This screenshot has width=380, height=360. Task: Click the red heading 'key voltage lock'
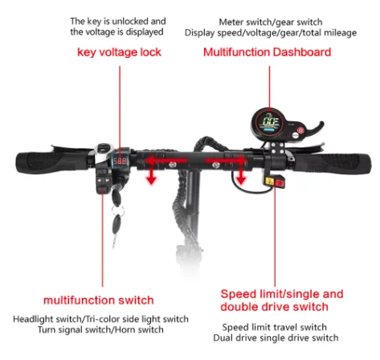pyautogui.click(x=119, y=52)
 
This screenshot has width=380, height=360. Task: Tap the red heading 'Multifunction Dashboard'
pyautogui.click(x=268, y=52)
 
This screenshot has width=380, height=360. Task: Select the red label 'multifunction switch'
pyautogui.click(x=99, y=301)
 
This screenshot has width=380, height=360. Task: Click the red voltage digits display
pyautogui.click(x=120, y=161)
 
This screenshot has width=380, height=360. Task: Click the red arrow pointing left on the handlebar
pyautogui.click(x=166, y=161)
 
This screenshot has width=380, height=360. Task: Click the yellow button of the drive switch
pyautogui.click(x=269, y=182)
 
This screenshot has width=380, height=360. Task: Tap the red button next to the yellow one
pyautogui.click(x=279, y=182)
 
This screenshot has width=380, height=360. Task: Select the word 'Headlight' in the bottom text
pyautogui.click(x=31, y=319)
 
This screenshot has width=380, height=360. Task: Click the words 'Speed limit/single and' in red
pyautogui.click(x=282, y=294)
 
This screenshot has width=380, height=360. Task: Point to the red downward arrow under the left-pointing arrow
pyautogui.click(x=152, y=175)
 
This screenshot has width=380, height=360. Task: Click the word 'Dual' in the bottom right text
pyautogui.click(x=222, y=337)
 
